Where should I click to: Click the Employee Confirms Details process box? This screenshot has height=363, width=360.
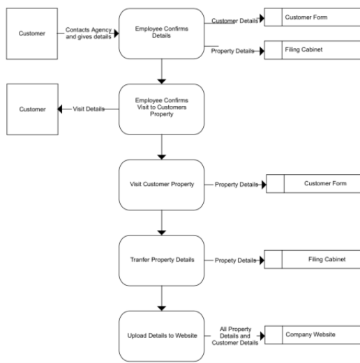pyautogui.click(x=161, y=33)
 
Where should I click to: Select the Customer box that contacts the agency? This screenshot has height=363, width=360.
pyautogui.click(x=32, y=33)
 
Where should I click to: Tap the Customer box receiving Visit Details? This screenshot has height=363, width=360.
pyautogui.click(x=32, y=109)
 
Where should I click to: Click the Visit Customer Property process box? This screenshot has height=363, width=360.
pyautogui.click(x=161, y=185)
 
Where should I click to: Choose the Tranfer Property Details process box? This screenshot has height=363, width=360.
pyautogui.click(x=161, y=260)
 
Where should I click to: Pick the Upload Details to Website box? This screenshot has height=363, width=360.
pyautogui.click(x=161, y=336)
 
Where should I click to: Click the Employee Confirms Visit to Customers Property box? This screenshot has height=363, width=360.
pyautogui.click(x=161, y=109)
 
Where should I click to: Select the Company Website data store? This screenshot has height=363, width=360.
pyautogui.click(x=310, y=335)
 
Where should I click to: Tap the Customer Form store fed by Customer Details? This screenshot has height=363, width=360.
pyautogui.click(x=310, y=16)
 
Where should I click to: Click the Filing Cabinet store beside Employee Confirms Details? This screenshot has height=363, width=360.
pyautogui.click(x=310, y=50)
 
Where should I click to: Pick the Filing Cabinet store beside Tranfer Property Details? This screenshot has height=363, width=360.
pyautogui.click(x=310, y=260)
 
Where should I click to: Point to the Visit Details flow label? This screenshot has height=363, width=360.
pyautogui.click(x=88, y=109)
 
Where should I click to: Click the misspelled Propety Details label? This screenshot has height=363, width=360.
pyautogui.click(x=235, y=260)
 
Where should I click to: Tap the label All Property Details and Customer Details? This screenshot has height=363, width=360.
pyautogui.click(x=235, y=335)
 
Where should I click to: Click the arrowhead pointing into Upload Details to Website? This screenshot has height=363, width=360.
pyautogui.click(x=161, y=307)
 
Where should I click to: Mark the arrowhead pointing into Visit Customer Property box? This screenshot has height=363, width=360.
pyautogui.click(x=161, y=156)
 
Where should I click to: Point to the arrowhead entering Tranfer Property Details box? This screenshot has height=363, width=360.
pyautogui.click(x=161, y=232)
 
